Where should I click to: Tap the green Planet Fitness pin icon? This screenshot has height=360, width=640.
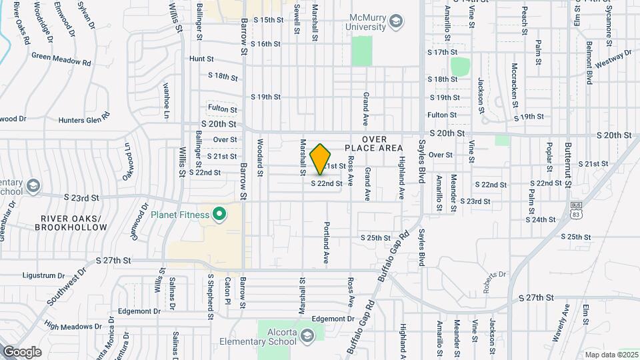pos(219,215)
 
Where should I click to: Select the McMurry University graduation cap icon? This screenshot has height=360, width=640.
pos(397,22)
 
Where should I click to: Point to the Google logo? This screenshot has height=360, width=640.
pos(22,351)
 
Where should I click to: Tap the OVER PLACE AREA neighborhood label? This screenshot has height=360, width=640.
pos(374,143)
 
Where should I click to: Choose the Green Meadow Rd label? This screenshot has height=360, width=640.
pos(61,58)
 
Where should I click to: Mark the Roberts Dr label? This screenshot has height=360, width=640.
pos(494,274)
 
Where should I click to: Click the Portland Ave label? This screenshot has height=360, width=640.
pos(327,244)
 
